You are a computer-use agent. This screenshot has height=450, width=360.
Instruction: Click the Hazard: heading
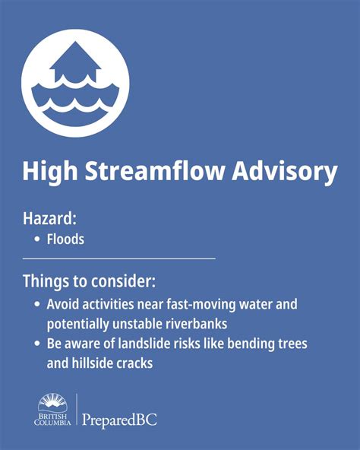click(x=50, y=219)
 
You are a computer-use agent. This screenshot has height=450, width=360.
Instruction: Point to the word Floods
click(x=65, y=239)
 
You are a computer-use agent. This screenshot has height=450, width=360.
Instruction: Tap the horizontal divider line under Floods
click(x=119, y=258)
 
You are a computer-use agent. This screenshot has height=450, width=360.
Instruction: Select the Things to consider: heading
click(x=89, y=281)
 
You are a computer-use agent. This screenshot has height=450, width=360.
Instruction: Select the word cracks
click(x=135, y=363)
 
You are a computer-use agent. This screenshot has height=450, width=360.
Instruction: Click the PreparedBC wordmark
click(x=119, y=419)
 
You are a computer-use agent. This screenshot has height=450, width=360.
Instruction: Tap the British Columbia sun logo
click(x=53, y=402)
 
